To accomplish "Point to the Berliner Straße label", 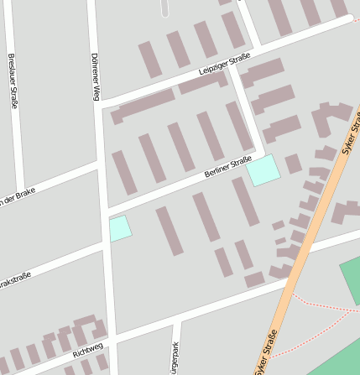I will [x=227, y=170].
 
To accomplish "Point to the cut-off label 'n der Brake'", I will [x=18, y=196].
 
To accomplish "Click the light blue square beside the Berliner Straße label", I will [x=263, y=169].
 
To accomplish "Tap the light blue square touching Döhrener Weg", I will [x=120, y=228].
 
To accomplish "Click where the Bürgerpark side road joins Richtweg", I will [x=177, y=320].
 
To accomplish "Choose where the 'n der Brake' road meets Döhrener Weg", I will [x=99, y=164].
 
